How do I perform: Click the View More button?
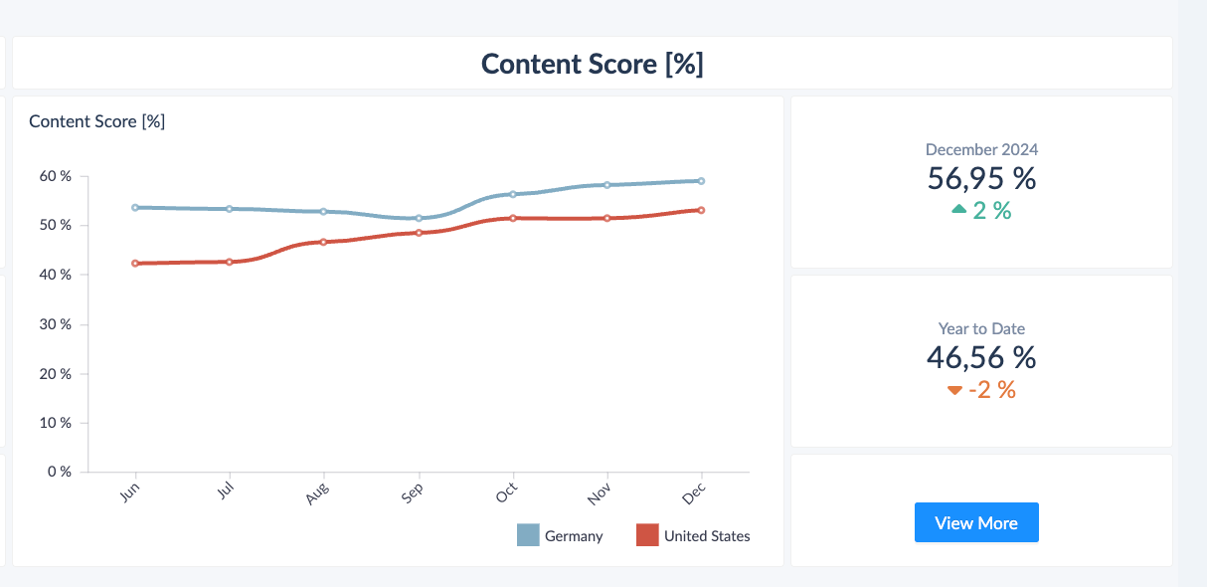tap(976, 522)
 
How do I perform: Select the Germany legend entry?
tap(560, 535)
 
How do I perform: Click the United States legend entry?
tap(693, 535)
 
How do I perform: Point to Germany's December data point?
tap(701, 181)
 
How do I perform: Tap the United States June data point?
tap(135, 263)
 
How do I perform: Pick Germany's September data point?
tap(419, 218)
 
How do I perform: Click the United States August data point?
tap(323, 242)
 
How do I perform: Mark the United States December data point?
tap(701, 210)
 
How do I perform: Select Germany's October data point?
tap(513, 194)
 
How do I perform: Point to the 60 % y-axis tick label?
tap(55, 176)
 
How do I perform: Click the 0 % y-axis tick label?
tap(60, 472)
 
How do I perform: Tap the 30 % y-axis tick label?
tap(55, 324)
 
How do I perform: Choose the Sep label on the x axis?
tap(413, 493)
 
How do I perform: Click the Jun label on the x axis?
tap(129, 492)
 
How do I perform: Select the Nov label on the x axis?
tap(599, 493)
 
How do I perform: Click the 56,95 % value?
tap(981, 178)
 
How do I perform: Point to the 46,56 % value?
tap(981, 357)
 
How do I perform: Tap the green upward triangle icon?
tap(959, 209)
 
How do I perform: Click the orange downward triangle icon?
tap(954, 390)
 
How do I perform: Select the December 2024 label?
tap(981, 149)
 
